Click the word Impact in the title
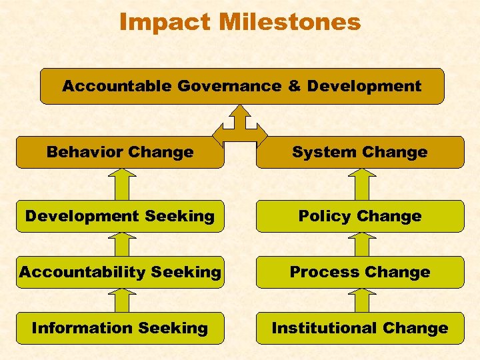[x=162, y=21]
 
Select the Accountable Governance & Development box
[x=242, y=86]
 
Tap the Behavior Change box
[x=120, y=152]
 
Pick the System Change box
[x=360, y=152]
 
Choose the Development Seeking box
[x=120, y=216]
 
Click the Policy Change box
[x=360, y=216]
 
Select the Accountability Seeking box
[x=120, y=272]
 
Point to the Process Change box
[x=360, y=272]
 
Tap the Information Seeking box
[x=120, y=328]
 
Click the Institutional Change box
[x=360, y=328]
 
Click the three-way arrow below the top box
[x=240, y=123]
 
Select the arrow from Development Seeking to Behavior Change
[x=121, y=185]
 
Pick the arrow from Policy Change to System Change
[x=361, y=185]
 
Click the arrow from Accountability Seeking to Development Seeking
[x=121, y=245]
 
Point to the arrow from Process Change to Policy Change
[x=361, y=245]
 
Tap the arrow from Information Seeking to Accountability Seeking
[x=121, y=301]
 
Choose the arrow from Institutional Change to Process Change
[x=361, y=301]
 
